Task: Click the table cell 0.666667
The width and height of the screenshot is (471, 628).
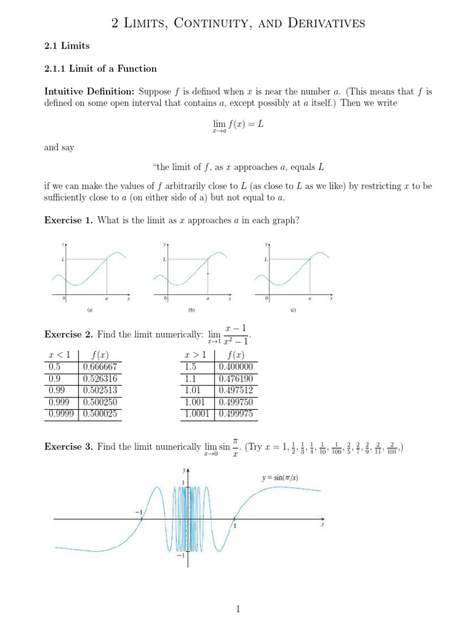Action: click(100, 367)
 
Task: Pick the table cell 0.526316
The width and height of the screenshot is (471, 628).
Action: click(100, 378)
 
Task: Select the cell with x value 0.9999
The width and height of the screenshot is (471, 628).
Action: click(63, 414)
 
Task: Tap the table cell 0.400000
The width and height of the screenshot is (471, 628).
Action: click(236, 367)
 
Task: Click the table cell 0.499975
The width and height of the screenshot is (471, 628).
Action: click(236, 414)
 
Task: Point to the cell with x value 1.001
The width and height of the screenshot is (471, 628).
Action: click(197, 402)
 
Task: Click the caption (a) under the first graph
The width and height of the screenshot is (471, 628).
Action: click(90, 310)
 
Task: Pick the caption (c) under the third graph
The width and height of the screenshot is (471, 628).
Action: click(293, 310)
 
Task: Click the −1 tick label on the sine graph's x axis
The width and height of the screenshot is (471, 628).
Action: click(137, 511)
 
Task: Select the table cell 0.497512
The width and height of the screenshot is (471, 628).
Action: click(236, 390)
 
